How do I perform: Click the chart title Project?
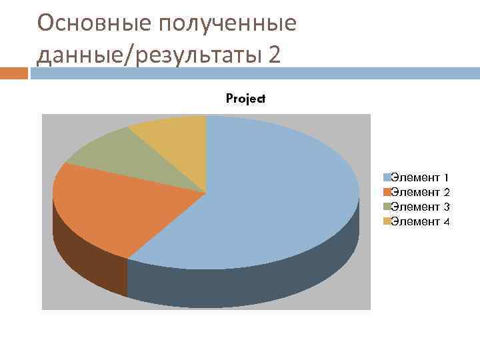[x=245, y=99]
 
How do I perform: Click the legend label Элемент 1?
[x=419, y=178]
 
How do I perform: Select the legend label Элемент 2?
[x=419, y=193]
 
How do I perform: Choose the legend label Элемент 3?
[x=419, y=207]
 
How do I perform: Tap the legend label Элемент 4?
[x=419, y=222]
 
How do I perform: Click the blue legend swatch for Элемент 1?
[x=387, y=178]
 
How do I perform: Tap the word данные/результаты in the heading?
[x=149, y=55]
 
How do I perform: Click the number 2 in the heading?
[x=274, y=55]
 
